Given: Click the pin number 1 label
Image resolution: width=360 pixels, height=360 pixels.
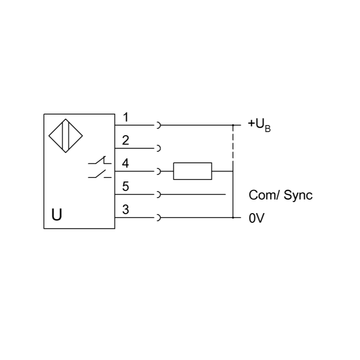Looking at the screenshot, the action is (126, 117).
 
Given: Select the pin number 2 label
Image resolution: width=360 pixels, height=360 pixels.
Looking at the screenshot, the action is (126, 140).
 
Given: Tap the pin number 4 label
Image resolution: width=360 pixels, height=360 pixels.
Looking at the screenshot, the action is (126, 163).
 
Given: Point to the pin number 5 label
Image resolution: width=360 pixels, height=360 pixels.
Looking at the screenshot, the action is (126, 187).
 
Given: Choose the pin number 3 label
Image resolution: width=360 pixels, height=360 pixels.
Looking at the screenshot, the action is (126, 209).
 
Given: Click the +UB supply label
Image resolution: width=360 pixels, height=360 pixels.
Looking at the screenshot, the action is (259, 126).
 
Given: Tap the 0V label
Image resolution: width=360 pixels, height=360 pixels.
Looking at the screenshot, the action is (256, 218).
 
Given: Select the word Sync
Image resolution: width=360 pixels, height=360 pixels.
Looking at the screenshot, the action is (298, 196).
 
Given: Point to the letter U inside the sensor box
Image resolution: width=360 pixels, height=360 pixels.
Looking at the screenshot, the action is (57, 215).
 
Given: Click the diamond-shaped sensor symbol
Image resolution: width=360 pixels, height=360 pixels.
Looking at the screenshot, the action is (66, 136).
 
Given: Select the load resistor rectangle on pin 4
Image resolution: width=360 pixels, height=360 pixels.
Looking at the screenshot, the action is (193, 171).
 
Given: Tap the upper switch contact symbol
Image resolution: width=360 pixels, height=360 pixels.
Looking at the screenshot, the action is (100, 160).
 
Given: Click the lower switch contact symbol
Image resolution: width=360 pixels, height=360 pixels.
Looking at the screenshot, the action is (100, 174).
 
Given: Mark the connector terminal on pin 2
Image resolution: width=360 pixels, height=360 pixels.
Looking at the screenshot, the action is (158, 148).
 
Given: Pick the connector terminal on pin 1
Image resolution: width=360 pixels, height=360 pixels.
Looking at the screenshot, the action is (158, 125).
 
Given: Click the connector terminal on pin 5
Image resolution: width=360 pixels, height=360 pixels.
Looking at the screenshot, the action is (158, 195).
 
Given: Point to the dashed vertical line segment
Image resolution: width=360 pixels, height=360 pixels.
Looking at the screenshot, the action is (233, 143).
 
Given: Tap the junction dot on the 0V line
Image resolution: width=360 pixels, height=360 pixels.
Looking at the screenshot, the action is (233, 217).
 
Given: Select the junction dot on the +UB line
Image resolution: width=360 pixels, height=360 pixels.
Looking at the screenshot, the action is (233, 125).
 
